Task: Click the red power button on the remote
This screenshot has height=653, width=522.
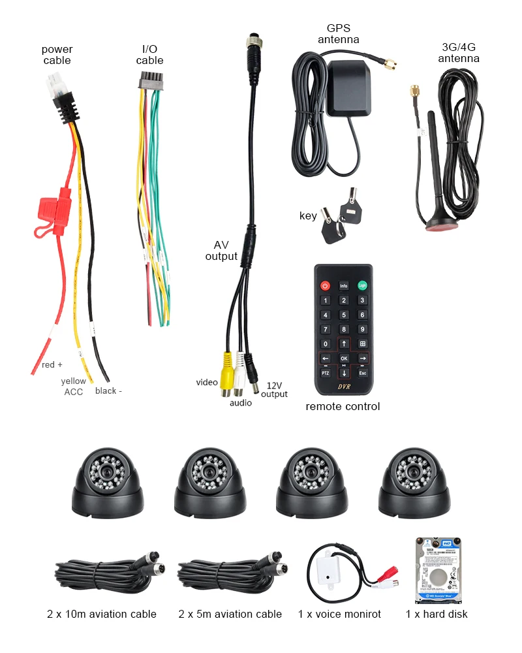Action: (x=325, y=285)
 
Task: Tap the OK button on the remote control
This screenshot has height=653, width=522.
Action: (x=344, y=358)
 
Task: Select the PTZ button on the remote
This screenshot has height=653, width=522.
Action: (x=325, y=373)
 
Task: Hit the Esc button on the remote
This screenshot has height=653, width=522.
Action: (x=362, y=373)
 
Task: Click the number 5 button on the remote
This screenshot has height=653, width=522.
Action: (x=344, y=315)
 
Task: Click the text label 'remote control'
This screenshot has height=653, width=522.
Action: (x=343, y=406)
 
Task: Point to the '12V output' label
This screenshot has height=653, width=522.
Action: (x=274, y=390)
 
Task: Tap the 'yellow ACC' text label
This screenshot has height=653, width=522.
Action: (x=73, y=386)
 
